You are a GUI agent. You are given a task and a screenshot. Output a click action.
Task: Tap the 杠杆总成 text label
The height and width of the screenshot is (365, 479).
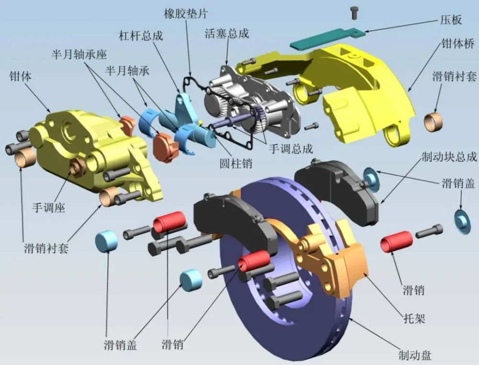pos(141,35)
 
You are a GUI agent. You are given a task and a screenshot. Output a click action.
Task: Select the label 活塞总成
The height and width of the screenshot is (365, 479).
pos(227,34)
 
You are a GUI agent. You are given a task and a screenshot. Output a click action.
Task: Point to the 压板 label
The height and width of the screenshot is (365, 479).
pos(451,20)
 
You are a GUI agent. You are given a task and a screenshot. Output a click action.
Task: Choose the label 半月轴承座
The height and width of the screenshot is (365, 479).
pos(79,55)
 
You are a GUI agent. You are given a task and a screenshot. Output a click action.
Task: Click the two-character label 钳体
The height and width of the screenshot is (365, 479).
pos(21,76)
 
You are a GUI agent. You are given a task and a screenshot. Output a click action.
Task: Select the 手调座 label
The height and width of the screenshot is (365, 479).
pos(49,208)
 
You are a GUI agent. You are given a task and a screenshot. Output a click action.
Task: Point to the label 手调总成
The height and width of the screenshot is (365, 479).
pos(291,149)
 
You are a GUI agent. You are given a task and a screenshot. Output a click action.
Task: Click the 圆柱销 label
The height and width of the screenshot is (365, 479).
pos(236,163)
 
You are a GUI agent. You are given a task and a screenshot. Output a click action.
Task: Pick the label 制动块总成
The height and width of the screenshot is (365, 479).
pos(449,157)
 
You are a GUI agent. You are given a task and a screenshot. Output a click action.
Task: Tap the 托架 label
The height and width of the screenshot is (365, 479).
pos(414,319)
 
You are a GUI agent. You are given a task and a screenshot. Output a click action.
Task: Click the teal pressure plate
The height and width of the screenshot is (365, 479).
pos(327,38)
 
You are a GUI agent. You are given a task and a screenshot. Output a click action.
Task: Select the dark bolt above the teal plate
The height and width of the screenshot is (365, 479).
pos(354,12)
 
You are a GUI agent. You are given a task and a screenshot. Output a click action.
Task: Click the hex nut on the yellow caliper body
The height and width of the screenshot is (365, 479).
pos(76,168)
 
